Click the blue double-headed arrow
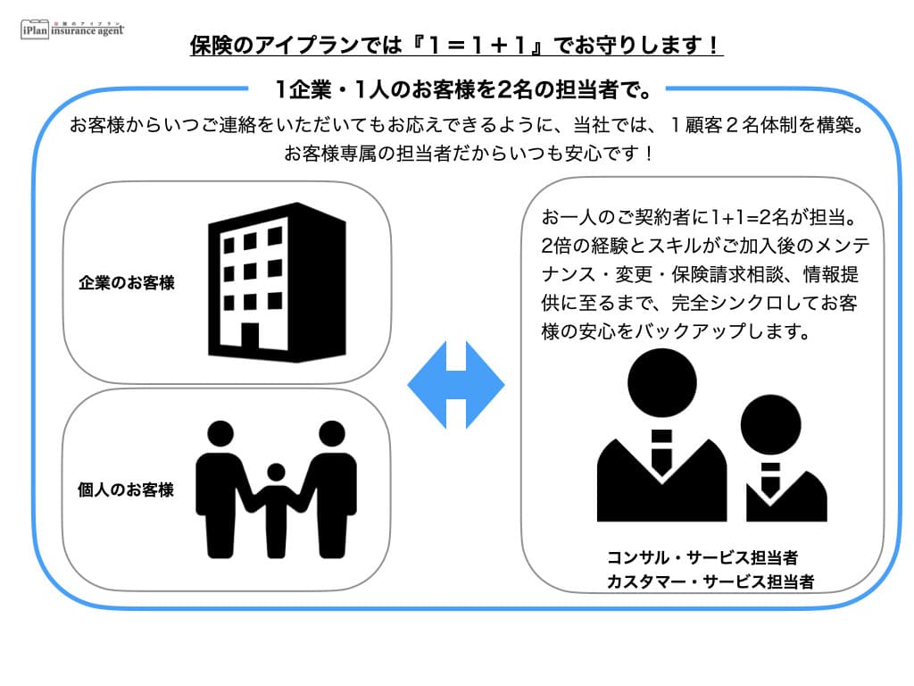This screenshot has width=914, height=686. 456,386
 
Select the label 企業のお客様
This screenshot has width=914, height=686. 127,284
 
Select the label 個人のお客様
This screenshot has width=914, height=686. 127,489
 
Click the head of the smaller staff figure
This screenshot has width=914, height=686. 771,425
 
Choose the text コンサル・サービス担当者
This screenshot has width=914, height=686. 702,558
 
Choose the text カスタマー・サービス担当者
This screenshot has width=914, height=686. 710,582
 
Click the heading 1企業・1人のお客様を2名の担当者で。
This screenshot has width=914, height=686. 456,89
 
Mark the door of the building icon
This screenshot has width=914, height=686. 250,337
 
